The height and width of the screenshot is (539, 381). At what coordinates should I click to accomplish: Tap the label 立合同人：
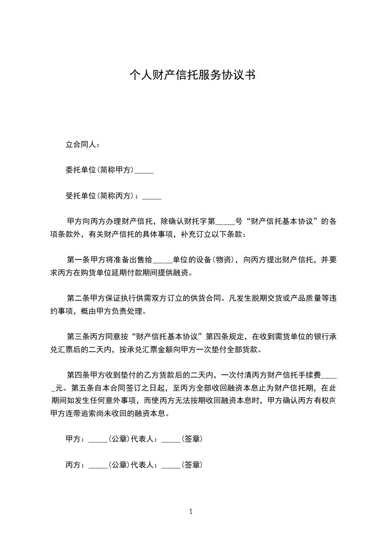[x=83, y=144]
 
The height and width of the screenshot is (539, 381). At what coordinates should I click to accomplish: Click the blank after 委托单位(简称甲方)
[x=145, y=170]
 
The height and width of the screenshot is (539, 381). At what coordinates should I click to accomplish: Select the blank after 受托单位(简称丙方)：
[x=152, y=196]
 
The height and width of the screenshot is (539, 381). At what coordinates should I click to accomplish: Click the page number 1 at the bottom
[x=191, y=512]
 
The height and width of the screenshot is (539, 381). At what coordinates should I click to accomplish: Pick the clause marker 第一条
[x=78, y=260]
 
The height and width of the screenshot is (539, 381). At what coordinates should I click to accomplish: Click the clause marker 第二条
[x=78, y=298]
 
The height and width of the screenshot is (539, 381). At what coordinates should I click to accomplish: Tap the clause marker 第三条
[x=78, y=335]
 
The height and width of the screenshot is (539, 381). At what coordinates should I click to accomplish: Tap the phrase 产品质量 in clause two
[x=292, y=298]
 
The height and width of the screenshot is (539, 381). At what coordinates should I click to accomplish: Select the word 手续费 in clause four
[x=314, y=374]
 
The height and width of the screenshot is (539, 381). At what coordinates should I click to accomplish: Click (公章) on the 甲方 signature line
[x=118, y=439]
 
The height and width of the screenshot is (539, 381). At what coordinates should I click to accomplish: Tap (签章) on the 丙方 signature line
[x=191, y=465]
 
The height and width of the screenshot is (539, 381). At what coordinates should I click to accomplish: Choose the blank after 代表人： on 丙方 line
[x=171, y=465]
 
